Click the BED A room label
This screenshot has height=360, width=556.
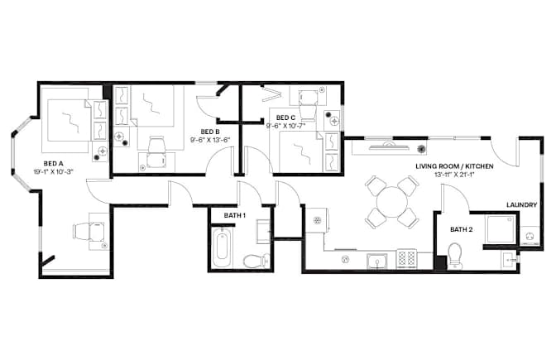coord(53,164)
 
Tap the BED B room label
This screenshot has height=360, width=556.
coord(210,132)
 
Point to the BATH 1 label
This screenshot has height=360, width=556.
coord(235,215)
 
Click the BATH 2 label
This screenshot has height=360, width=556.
coord(462,229)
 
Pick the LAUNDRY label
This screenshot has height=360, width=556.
coord(521,204)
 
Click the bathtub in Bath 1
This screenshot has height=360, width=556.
coord(222,248)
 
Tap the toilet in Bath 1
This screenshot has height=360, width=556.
coord(256,261)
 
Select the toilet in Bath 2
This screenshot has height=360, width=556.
coord(455,256)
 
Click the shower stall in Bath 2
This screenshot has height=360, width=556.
coord(501,229)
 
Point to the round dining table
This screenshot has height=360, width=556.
coord(392,202)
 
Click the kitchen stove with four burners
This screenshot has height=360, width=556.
coord(407,258)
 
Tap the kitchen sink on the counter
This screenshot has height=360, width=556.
coord(377,261)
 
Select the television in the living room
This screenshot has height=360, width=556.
coord(388,146)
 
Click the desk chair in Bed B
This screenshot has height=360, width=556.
coord(156,151)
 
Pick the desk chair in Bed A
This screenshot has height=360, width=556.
coord(89,231)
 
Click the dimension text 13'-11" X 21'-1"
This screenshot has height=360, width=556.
coord(454,174)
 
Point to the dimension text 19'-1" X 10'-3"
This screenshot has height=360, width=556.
coord(53,172)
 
